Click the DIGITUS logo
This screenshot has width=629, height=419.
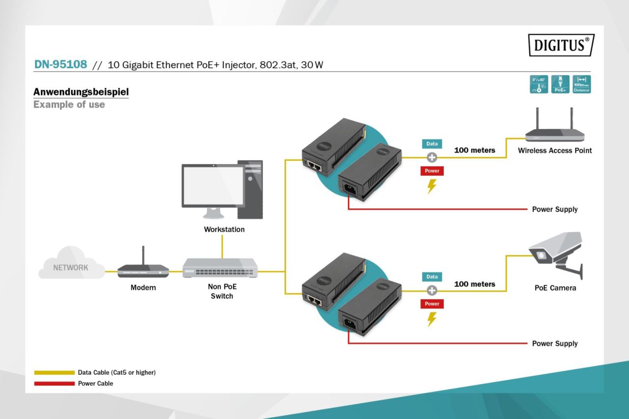(x=561, y=45)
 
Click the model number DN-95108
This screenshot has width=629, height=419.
(x=60, y=64)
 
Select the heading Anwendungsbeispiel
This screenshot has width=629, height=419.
(x=81, y=92)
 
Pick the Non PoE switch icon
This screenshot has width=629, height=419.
(x=220, y=268)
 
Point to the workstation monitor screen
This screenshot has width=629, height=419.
(x=212, y=185)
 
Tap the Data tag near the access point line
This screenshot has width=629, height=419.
(x=432, y=144)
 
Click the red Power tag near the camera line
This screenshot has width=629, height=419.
(x=432, y=304)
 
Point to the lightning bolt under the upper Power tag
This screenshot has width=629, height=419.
(x=432, y=186)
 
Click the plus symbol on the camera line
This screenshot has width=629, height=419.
(x=432, y=290)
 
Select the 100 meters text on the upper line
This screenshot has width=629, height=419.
(x=474, y=150)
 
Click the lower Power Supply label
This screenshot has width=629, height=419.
(x=555, y=343)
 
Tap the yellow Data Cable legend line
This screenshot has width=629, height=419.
(x=54, y=373)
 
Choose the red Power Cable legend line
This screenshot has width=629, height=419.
(x=54, y=384)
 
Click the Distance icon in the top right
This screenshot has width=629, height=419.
(x=581, y=84)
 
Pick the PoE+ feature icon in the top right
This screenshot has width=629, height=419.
(x=560, y=84)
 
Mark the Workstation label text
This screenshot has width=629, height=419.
(x=224, y=229)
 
